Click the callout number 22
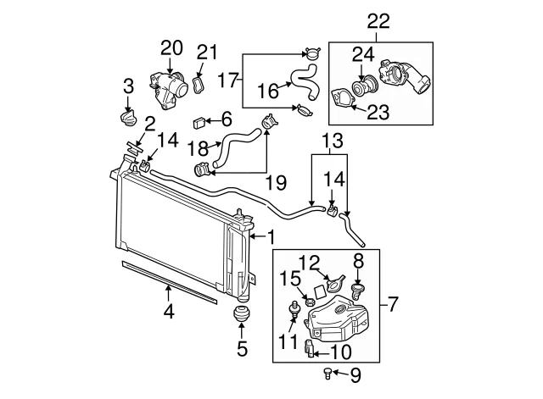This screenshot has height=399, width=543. tap(378, 21)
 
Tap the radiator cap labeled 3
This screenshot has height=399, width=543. tap(128, 119)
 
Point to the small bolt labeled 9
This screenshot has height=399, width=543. tap(327, 374)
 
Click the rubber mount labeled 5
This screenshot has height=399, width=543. tap(241, 314)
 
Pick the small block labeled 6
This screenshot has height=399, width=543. tap(199, 123)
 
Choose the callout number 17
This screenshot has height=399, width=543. tap(228, 80)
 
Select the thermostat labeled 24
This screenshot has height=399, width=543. tap(364, 85)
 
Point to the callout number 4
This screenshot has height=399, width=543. tap(169, 312)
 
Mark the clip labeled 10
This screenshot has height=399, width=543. tap(310, 349)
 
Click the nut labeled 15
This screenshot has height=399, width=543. tap(310, 302)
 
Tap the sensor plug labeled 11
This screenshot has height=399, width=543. tap(294, 309)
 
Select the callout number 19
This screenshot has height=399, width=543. tap(276, 183)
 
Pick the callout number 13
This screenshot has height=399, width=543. tap(333, 141)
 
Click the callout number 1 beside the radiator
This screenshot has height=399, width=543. tap(271, 237)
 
